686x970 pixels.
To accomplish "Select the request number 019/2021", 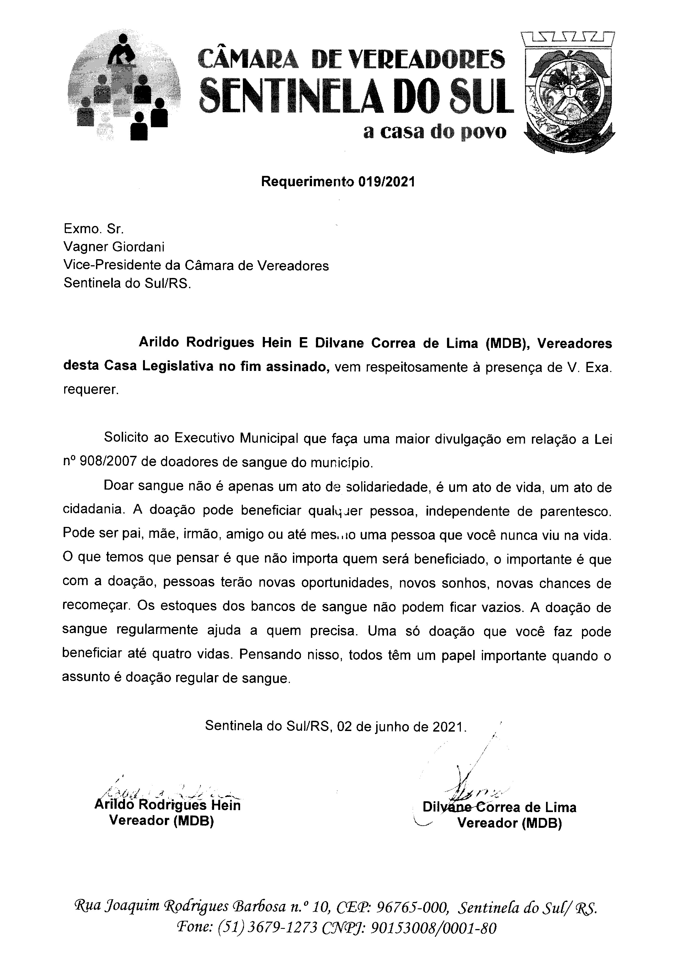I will point(386,182).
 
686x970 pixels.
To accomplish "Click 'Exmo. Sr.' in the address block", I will point(93,228).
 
